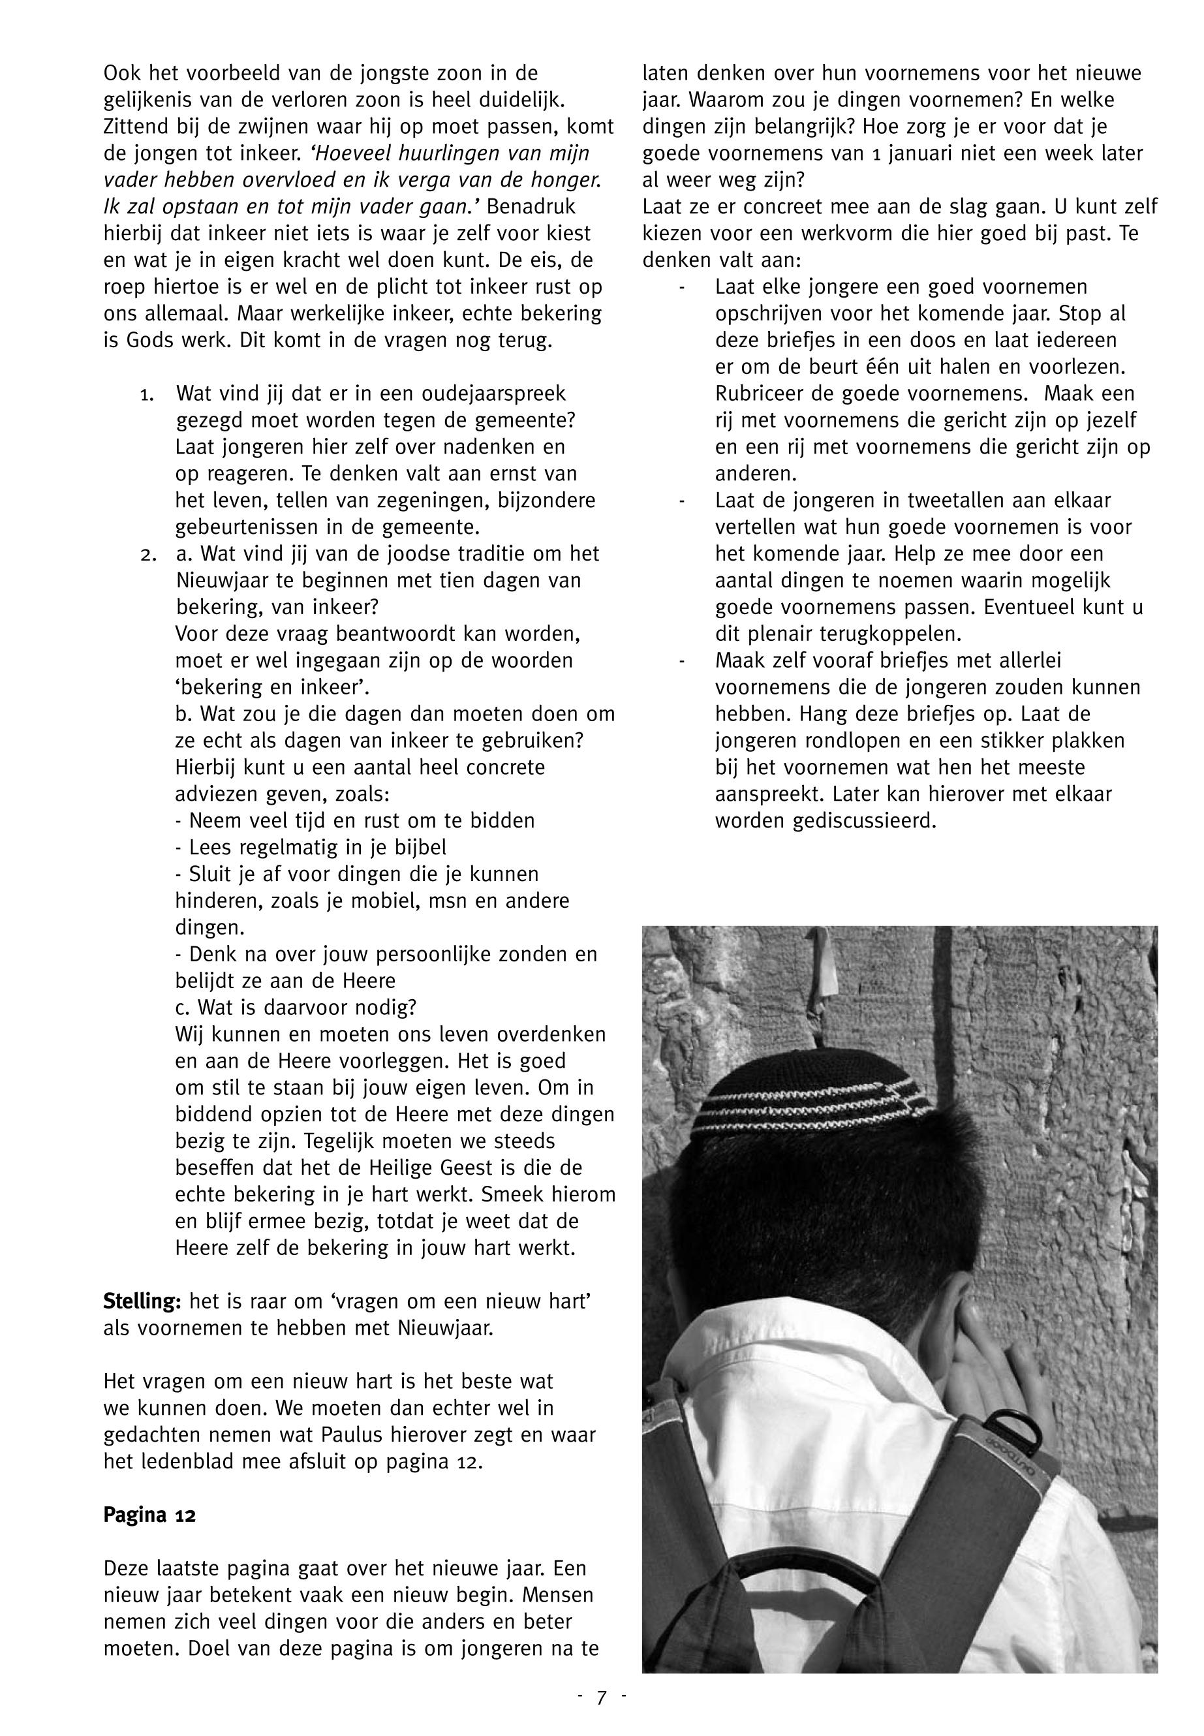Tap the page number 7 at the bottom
pos(601,1697)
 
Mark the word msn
pos(448,901)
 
